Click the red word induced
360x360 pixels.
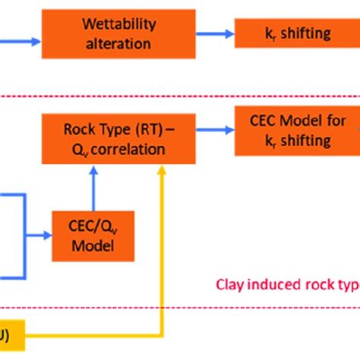point(290,285)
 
